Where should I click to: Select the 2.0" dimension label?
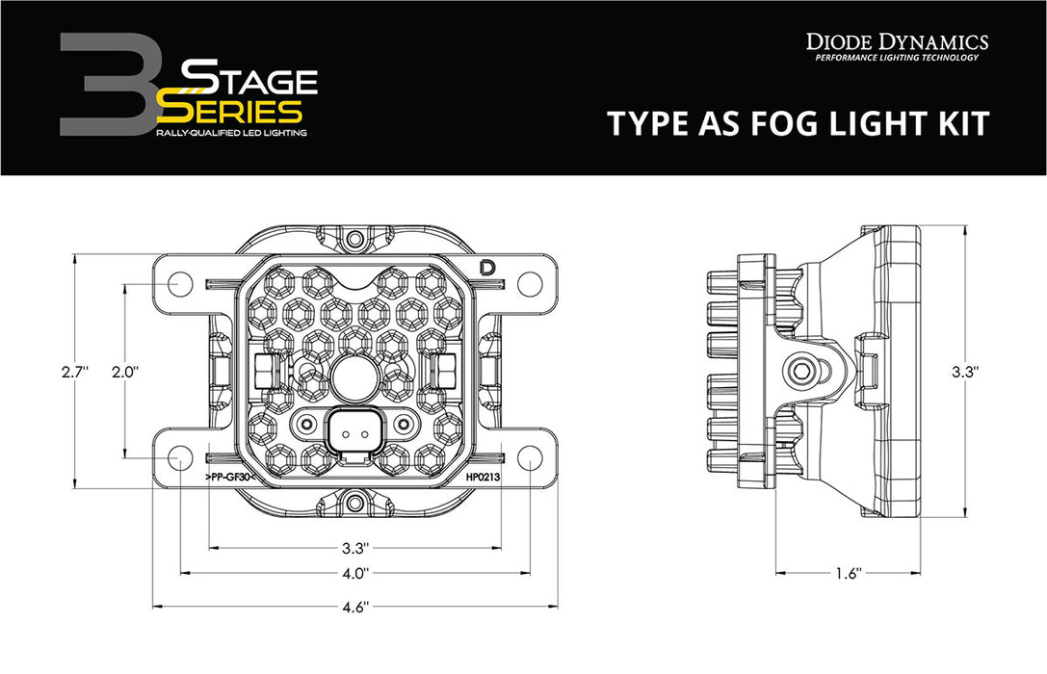point(124,371)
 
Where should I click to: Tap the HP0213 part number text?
point(482,478)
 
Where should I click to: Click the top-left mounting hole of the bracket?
point(179,283)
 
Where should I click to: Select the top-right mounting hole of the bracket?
point(529,283)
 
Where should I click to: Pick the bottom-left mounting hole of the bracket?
point(179,458)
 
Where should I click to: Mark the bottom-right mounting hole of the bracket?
point(529,458)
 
